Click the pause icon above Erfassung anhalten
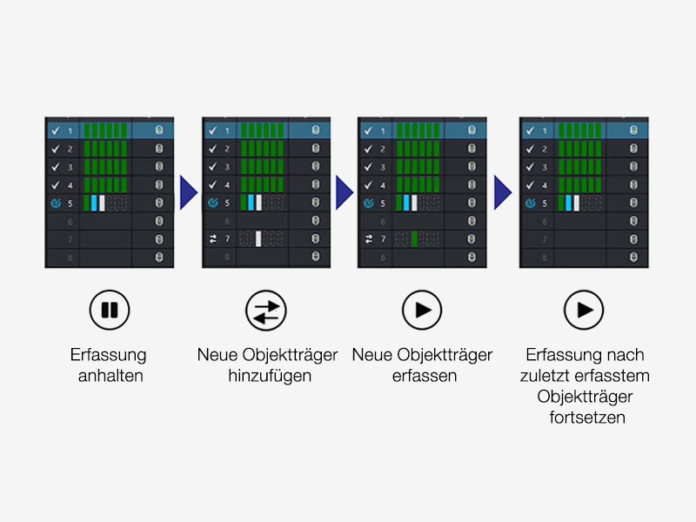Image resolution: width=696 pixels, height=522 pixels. pyautogui.click(x=109, y=309)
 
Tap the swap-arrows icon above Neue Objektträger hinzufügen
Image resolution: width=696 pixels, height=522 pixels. pyautogui.click(x=265, y=309)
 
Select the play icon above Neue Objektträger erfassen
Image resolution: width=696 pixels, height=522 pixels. pyautogui.click(x=422, y=309)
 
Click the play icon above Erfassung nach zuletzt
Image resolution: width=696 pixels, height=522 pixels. pyautogui.click(x=583, y=309)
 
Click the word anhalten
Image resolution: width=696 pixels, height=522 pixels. pyautogui.click(x=109, y=375)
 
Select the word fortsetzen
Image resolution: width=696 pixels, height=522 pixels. pyautogui.click(x=584, y=417)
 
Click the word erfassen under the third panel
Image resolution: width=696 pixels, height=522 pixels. pyautogui.click(x=422, y=375)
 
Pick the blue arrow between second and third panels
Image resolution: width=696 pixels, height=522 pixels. pyautogui.click(x=343, y=193)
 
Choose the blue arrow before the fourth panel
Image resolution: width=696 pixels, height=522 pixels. pyautogui.click(x=502, y=193)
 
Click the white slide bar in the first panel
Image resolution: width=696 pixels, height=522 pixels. pyautogui.click(x=102, y=203)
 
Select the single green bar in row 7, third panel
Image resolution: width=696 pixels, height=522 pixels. pyautogui.click(x=415, y=238)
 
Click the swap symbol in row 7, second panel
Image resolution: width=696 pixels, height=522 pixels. pyautogui.click(x=211, y=238)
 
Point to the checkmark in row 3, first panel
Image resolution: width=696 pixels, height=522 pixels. pyautogui.click(x=54, y=166)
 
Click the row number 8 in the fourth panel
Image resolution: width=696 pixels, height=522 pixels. pyautogui.click(x=545, y=258)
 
